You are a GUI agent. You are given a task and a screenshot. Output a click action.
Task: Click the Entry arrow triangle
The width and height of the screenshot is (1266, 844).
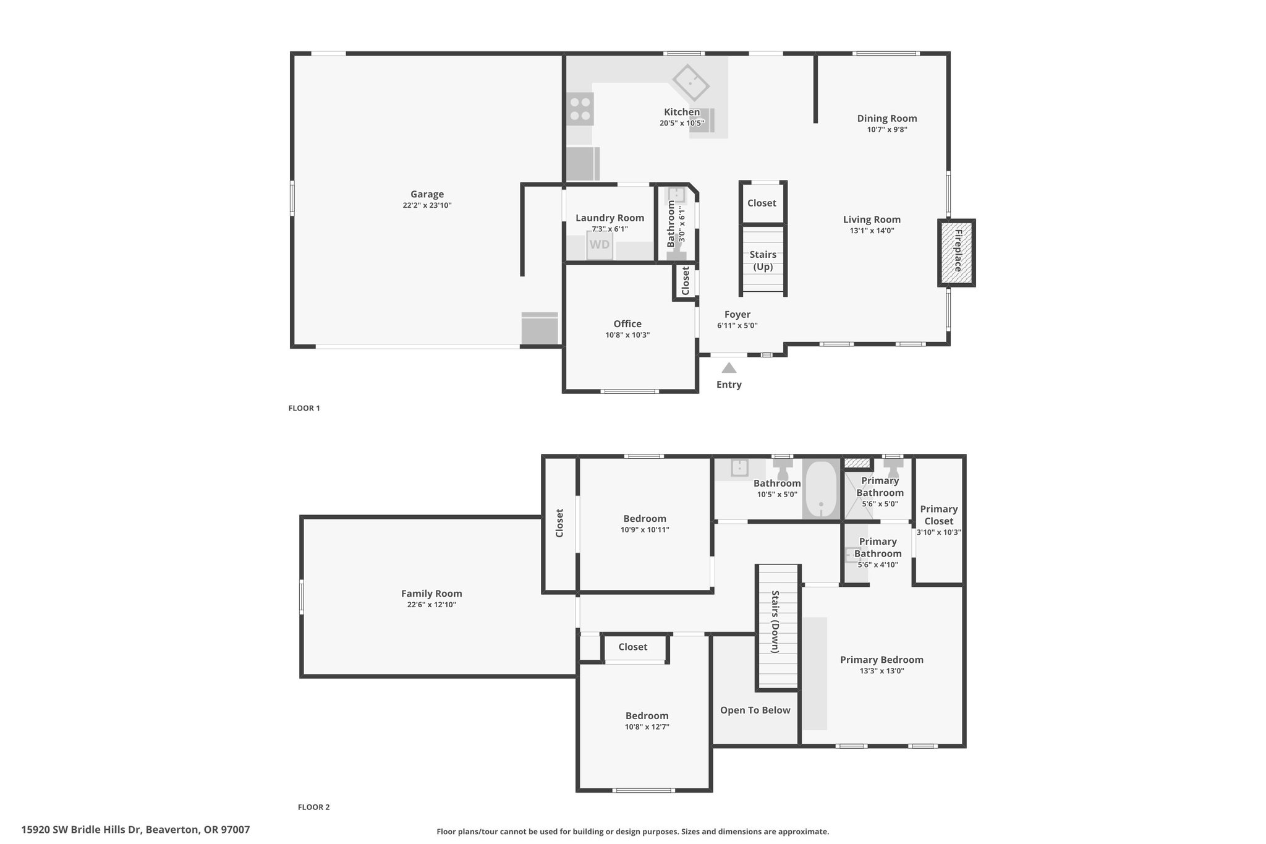click(x=729, y=368)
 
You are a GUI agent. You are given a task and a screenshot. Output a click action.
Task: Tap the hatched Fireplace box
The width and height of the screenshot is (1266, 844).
click(x=956, y=252)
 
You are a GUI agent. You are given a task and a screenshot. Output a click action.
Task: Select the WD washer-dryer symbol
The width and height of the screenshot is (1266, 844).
click(x=599, y=244)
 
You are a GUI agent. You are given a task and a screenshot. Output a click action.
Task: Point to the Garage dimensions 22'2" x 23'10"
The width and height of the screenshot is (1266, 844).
click(x=427, y=205)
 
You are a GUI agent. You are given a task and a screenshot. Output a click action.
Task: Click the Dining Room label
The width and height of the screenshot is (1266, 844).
click(x=887, y=118)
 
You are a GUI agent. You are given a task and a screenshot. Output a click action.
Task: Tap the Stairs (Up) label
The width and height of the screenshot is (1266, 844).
click(x=763, y=261)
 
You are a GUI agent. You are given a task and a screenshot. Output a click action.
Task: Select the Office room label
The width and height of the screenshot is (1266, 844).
click(x=627, y=323)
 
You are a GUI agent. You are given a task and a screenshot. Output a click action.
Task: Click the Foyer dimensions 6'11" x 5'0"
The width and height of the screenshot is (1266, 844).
click(x=737, y=326)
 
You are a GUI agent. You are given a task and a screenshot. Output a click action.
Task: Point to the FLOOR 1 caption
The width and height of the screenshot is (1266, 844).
click(x=304, y=408)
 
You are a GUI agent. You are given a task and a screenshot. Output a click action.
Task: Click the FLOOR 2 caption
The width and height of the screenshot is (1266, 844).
click(x=314, y=807)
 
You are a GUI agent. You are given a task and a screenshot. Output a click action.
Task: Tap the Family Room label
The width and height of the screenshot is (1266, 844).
click(x=431, y=594)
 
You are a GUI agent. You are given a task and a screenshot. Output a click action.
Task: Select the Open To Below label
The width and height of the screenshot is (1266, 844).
click(x=755, y=710)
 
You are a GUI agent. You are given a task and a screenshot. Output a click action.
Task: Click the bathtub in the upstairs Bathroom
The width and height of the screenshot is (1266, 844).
click(x=821, y=488)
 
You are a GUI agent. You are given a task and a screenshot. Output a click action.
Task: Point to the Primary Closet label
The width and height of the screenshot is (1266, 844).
click(x=939, y=515)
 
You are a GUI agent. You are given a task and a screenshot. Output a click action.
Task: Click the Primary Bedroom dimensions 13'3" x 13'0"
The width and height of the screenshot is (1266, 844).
click(x=882, y=671)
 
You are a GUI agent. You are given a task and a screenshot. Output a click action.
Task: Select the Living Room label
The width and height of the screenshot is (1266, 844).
click(x=872, y=220)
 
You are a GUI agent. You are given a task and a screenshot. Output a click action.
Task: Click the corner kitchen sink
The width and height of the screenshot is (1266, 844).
click(x=691, y=82)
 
